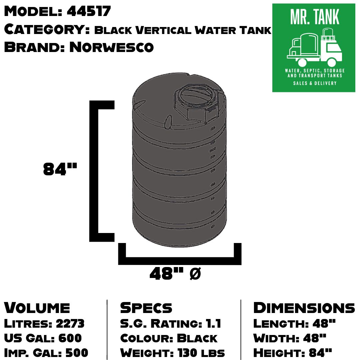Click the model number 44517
[x=89, y=12]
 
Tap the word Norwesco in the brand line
[x=111, y=47]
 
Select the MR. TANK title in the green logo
[x=314, y=17]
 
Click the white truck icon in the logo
[x=314, y=48]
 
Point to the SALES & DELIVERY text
[x=315, y=83]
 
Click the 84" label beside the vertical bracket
[x=60, y=169]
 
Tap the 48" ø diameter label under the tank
[x=175, y=274]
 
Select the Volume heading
[x=37, y=308]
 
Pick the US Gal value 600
[x=70, y=338]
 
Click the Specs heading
[x=146, y=308]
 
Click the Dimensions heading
[x=304, y=308]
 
